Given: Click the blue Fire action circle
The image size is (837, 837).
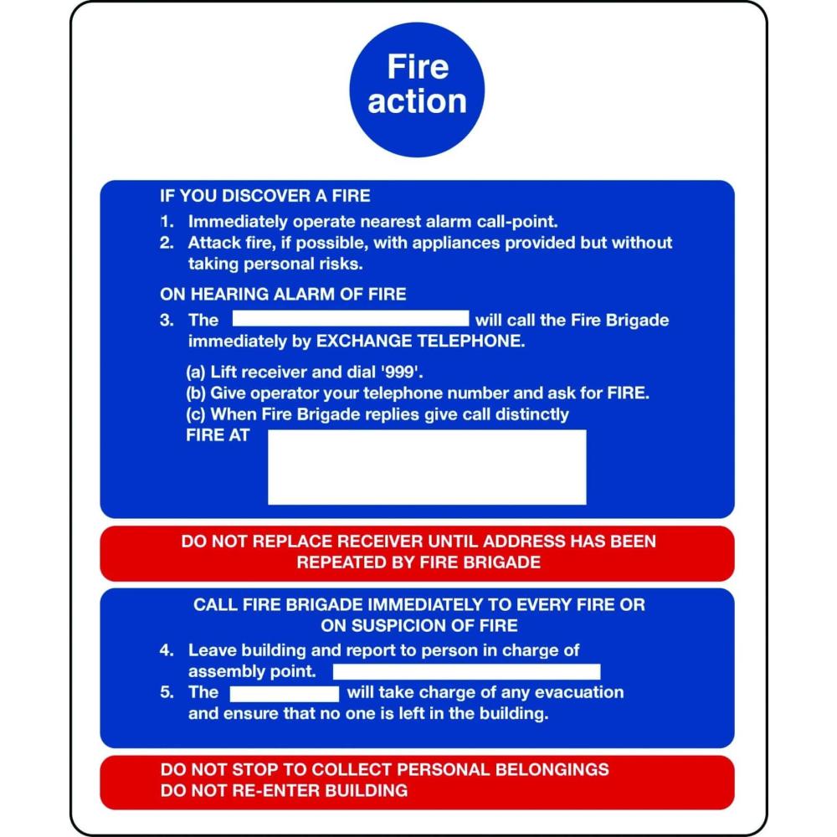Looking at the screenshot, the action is click(x=417, y=90).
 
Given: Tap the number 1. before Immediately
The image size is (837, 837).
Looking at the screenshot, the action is click(x=167, y=222).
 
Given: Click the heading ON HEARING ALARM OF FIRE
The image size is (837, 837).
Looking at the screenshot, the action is click(x=283, y=294).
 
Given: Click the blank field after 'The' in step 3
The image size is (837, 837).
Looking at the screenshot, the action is click(x=351, y=318).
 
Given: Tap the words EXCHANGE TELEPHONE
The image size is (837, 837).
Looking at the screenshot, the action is click(x=421, y=341).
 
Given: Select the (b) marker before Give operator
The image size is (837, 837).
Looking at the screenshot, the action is click(x=196, y=393).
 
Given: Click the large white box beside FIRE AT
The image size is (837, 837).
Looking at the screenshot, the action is click(x=427, y=467).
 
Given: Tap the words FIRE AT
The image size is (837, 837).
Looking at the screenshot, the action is click(x=218, y=435).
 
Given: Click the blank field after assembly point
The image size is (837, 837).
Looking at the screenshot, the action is click(x=466, y=671).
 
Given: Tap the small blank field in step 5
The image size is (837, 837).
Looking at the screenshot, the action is click(x=285, y=693).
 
